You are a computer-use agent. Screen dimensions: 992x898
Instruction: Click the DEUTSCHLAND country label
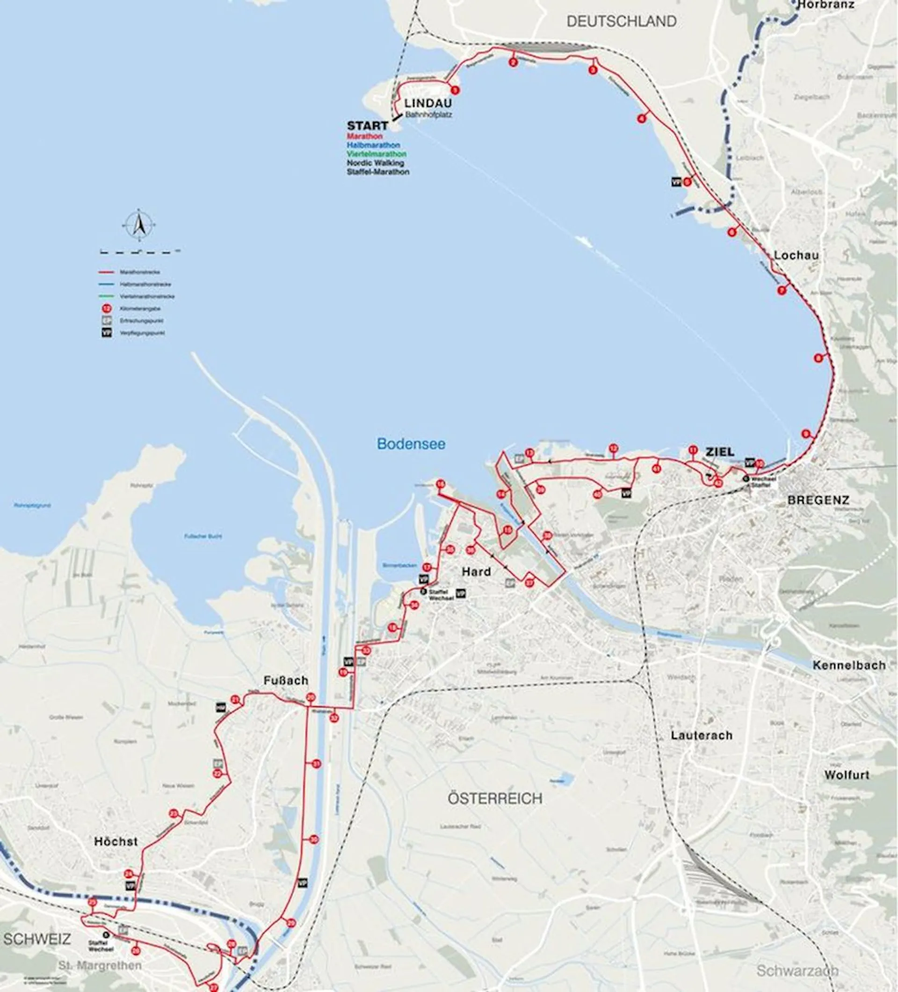(x=621, y=22)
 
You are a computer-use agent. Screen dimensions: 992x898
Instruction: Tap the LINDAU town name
(x=427, y=104)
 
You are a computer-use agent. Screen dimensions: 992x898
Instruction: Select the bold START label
(x=367, y=126)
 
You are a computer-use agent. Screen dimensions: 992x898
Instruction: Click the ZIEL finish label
(x=720, y=452)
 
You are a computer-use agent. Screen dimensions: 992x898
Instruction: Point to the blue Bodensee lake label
(x=411, y=444)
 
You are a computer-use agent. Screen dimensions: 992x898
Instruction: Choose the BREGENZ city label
(x=818, y=500)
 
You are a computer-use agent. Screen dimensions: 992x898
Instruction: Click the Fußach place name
(x=286, y=680)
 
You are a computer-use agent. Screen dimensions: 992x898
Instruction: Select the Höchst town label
(x=116, y=841)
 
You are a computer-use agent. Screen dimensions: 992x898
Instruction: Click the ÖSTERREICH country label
(x=495, y=798)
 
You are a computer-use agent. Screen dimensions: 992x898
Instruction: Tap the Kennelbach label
(x=849, y=665)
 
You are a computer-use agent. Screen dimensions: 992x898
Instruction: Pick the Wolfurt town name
(x=847, y=774)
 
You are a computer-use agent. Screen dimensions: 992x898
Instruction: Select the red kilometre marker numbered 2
(x=513, y=63)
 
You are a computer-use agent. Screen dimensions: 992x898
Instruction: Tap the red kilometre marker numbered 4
(x=641, y=118)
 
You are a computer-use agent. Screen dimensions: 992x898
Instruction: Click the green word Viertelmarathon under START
(x=376, y=154)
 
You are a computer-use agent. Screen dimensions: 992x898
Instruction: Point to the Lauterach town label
(x=701, y=735)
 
